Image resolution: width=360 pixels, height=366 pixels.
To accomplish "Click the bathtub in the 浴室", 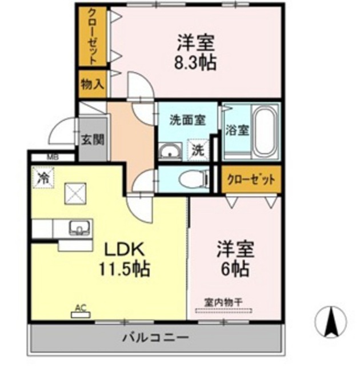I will [x=265, y=132].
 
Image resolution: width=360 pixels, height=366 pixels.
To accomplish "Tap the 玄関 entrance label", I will [x=91, y=139].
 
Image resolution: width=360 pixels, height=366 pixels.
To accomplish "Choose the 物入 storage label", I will [x=91, y=85].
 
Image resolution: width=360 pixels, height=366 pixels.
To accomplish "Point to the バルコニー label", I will [x=155, y=339].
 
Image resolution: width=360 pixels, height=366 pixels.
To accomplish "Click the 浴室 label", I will [x=237, y=129].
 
